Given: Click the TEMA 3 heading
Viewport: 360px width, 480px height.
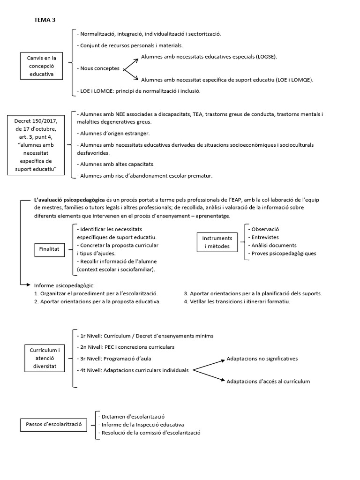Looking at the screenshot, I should pos(45,20).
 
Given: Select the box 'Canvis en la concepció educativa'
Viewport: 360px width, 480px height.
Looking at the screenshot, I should pos(41,66).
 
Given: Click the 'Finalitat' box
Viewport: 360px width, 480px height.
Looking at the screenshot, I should pos(49,250).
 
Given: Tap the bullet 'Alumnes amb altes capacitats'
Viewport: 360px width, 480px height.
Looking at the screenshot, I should pos(115,164).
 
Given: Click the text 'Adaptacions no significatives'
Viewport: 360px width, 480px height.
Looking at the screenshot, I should pos(262,359).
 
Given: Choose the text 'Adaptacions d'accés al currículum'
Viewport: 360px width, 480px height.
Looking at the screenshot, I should pos(268,381).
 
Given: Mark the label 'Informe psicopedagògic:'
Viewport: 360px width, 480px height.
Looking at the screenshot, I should pos(64,285).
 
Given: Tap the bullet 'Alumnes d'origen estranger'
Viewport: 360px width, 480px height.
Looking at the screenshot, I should pos(113,133).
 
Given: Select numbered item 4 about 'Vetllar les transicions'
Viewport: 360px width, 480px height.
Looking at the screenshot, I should pos(237,301).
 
